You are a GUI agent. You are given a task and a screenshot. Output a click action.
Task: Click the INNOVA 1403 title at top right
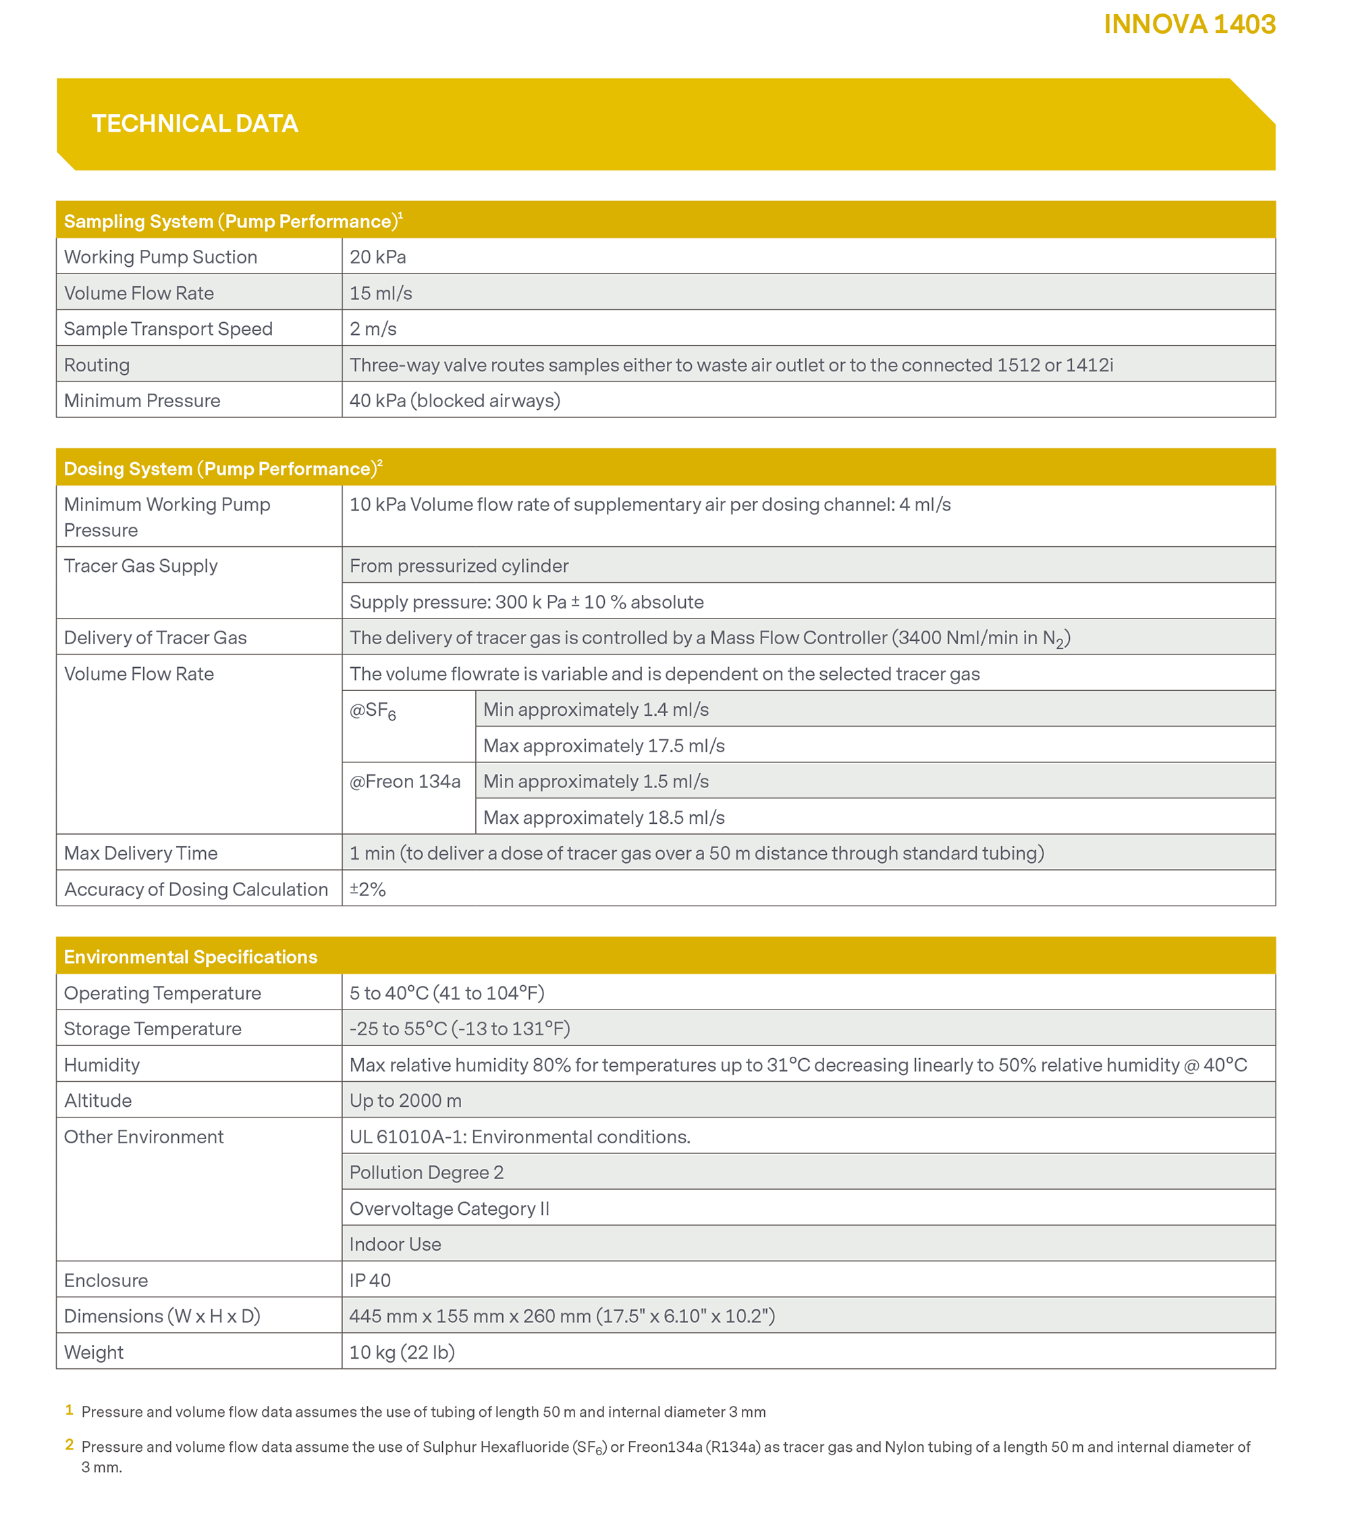point(1189,24)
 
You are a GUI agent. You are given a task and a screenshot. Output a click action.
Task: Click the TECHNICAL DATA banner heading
point(194,123)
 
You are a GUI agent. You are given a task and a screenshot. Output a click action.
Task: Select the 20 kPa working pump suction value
point(377,257)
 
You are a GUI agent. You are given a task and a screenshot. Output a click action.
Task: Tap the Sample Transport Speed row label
point(168,329)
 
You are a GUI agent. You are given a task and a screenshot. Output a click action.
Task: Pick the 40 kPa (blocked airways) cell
point(455,400)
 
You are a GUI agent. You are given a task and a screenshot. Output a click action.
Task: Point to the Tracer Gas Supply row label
point(141,566)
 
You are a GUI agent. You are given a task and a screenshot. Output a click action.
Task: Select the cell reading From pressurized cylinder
point(458,566)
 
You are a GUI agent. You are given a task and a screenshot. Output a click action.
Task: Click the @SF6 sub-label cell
point(373,711)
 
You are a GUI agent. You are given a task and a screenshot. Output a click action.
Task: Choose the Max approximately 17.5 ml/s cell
point(604,746)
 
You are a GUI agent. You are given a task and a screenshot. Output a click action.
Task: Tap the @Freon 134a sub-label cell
point(405,781)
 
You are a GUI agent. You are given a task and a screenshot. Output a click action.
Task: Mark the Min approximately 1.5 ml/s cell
point(595,781)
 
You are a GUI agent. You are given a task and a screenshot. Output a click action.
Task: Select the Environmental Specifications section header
point(190,958)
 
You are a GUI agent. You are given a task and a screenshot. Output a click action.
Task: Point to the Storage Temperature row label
point(153,1028)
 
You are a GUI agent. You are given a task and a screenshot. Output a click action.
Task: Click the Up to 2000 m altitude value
point(405,1101)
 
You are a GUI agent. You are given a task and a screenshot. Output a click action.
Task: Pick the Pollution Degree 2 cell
point(426,1172)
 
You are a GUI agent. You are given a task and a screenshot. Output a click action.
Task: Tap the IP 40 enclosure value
point(369,1280)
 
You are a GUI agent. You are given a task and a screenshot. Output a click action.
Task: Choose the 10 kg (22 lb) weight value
point(402,1352)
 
